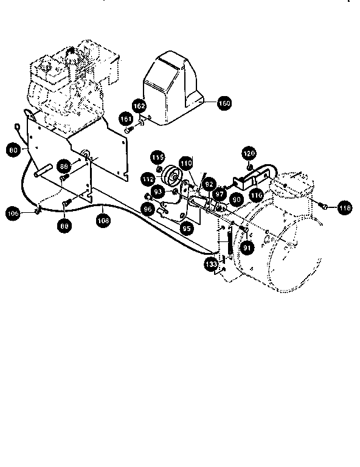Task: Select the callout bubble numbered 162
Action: pos(139,106)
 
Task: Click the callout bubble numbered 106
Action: pos(13,213)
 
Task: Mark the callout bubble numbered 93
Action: pos(158,192)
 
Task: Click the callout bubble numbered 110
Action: pos(185,164)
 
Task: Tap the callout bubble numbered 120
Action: pos(249,152)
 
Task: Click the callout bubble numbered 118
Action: pos(345,208)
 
